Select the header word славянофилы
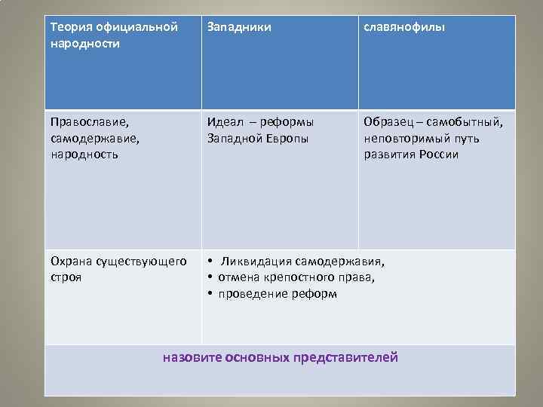pos(403,28)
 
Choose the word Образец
pos(387,121)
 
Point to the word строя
pos(66,277)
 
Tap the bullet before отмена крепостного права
pos(210,277)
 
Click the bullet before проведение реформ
pos(210,294)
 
